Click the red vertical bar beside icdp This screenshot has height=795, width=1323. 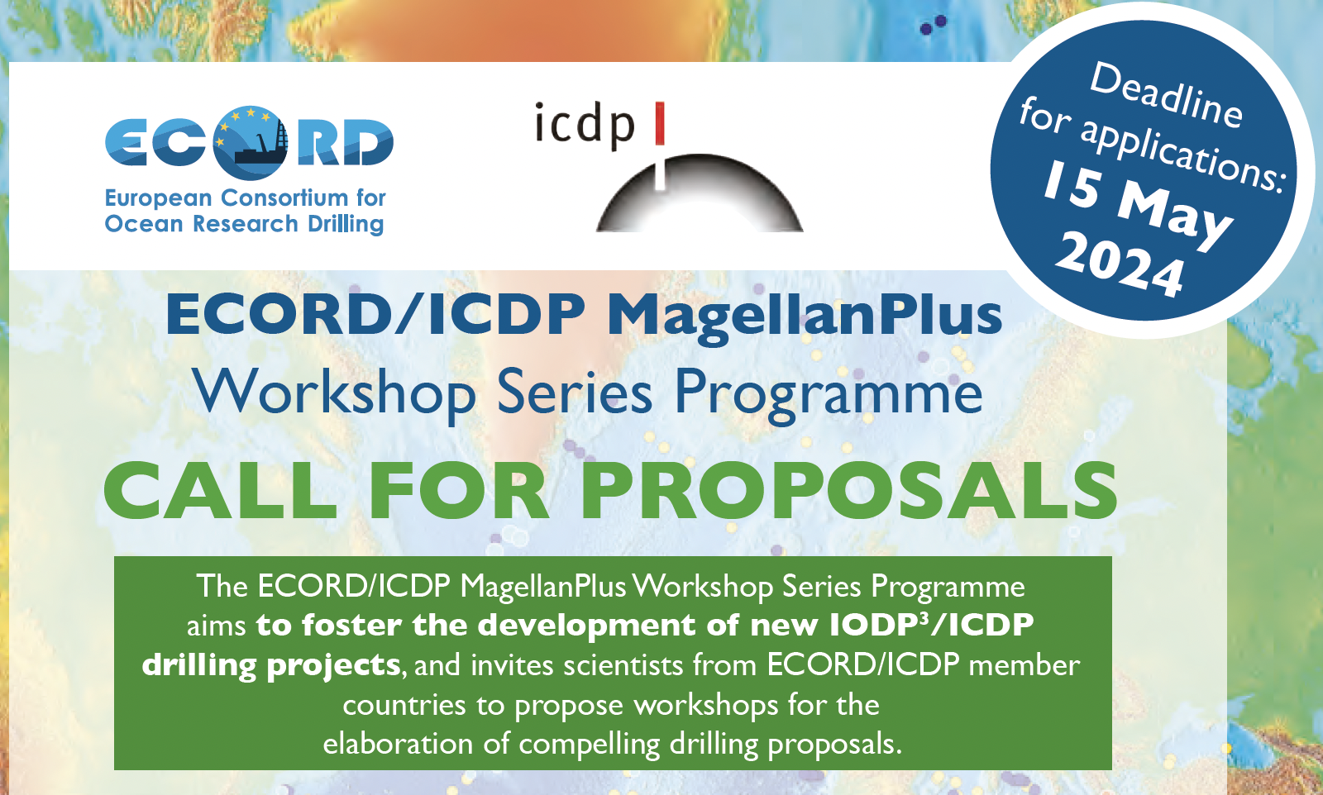(660, 123)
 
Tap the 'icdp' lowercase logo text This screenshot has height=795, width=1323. (584, 125)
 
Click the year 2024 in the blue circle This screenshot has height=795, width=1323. (1120, 264)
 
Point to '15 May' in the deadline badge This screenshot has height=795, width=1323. (1137, 204)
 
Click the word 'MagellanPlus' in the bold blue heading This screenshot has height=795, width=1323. (805, 316)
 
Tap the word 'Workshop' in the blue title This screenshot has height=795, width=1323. (335, 392)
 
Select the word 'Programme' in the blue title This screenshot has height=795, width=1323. (828, 392)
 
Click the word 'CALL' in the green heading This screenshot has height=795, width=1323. (220, 490)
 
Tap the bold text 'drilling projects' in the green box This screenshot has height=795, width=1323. (272, 666)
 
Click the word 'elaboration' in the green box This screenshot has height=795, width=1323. (398, 744)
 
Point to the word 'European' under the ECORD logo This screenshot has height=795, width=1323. (158, 199)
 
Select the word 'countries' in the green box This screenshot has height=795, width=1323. (404, 705)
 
